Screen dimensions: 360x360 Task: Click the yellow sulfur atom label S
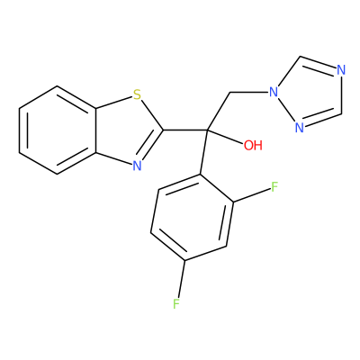click(x=137, y=94)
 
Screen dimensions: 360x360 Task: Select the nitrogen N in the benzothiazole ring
click(x=137, y=166)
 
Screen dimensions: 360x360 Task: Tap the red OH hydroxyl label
click(x=253, y=146)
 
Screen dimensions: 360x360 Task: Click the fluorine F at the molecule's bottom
click(x=176, y=303)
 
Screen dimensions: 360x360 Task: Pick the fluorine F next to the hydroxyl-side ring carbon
click(x=274, y=187)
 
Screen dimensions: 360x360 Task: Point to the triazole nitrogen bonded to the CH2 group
click(x=274, y=92)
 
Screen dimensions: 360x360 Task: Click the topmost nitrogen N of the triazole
click(x=341, y=70)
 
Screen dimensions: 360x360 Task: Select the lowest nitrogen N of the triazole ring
click(x=300, y=128)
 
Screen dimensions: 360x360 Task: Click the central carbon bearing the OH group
click(x=207, y=130)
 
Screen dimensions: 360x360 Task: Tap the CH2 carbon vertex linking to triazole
click(x=229, y=92)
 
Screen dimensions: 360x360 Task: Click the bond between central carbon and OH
click(x=225, y=138)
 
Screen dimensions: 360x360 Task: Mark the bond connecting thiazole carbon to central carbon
click(x=185, y=130)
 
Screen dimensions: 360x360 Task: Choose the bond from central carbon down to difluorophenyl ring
click(x=203, y=152)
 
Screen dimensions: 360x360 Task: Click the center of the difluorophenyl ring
click(x=193, y=217)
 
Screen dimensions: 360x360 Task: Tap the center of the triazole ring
click(x=309, y=93)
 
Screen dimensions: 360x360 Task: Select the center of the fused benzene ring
click(x=58, y=130)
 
